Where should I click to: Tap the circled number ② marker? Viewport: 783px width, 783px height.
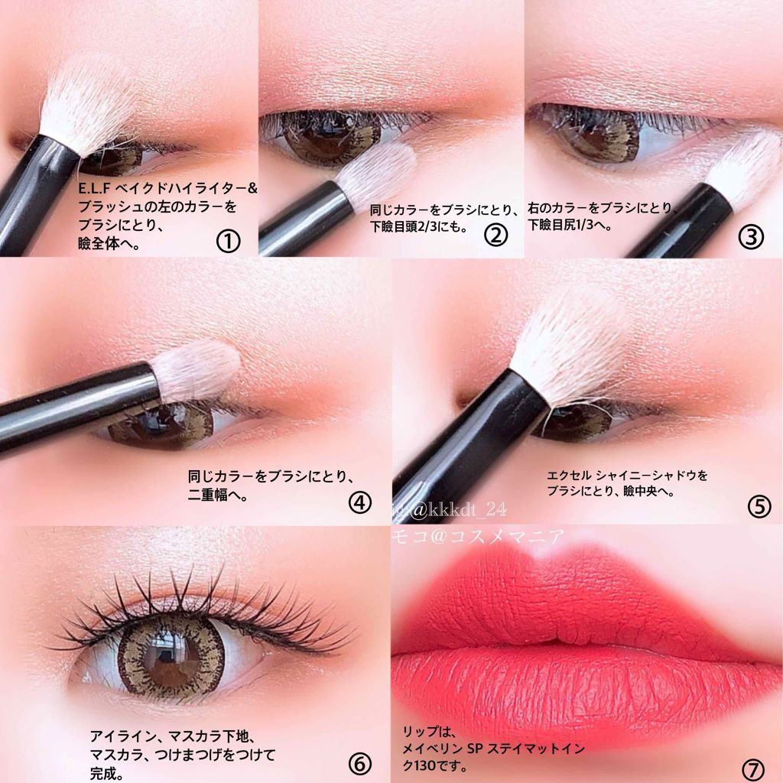(x=495, y=235)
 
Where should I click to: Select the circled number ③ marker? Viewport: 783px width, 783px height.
(x=751, y=236)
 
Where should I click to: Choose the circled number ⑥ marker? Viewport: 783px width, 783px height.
(x=359, y=763)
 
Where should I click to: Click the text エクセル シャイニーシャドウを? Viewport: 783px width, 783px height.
(x=627, y=475)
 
